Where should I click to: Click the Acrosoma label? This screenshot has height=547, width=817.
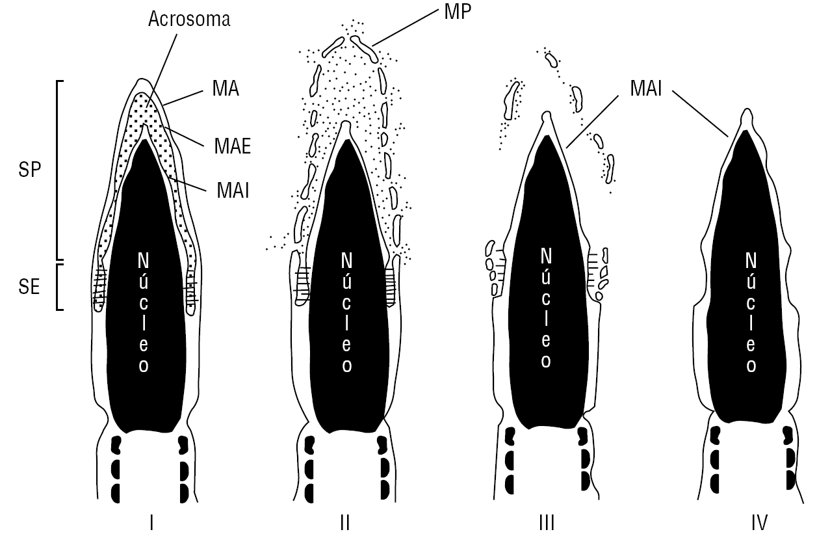point(188,20)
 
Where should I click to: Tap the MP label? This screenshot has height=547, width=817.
point(458,12)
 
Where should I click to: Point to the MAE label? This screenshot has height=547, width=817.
point(233,147)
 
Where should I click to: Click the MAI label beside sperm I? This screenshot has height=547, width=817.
point(233,191)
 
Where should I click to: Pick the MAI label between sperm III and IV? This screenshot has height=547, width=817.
point(645,88)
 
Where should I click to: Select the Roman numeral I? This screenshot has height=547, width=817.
point(151,522)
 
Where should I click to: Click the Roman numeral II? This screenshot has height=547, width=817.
point(345,522)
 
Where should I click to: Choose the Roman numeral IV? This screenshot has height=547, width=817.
point(759,522)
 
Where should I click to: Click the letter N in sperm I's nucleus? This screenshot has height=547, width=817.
point(143,261)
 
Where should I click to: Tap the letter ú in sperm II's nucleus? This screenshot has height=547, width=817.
point(346,282)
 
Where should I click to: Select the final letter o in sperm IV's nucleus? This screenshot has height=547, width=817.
point(751,365)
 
